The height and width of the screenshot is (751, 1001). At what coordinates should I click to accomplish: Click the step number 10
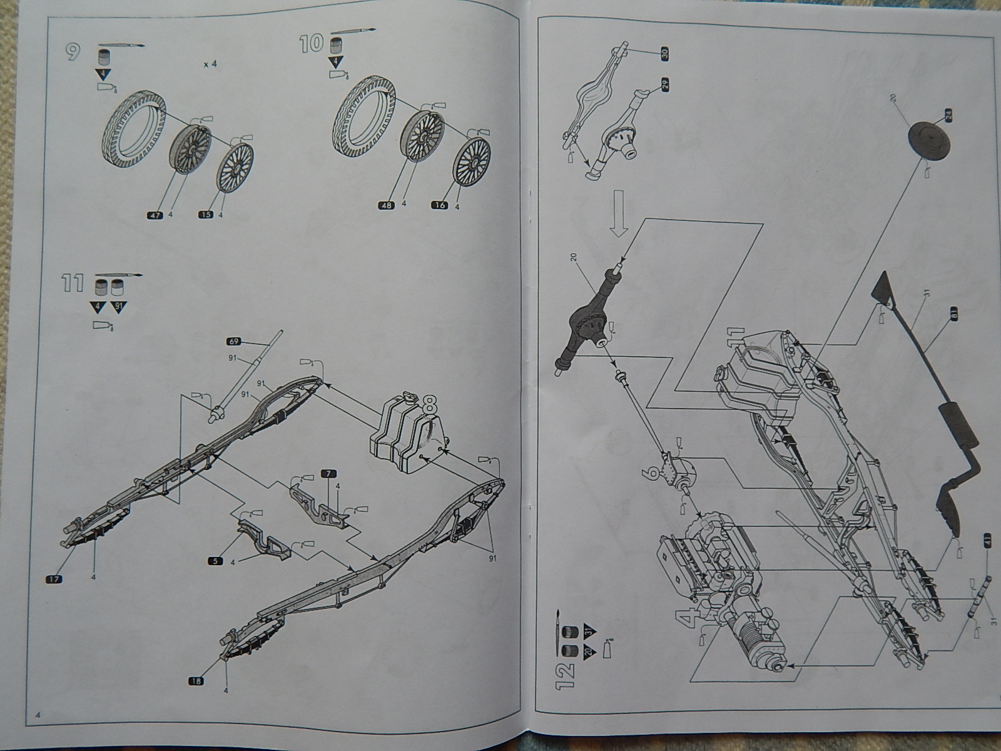coord(310,44)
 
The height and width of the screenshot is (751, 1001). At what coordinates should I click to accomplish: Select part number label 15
coord(205,215)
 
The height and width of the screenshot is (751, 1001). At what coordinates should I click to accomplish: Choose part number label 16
coord(440,205)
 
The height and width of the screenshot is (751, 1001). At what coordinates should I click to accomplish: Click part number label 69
coord(233,341)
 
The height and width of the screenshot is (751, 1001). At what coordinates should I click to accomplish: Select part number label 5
coord(215,561)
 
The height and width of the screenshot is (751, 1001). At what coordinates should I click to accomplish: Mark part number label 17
coord(54,579)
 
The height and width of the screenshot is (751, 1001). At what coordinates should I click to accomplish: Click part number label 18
coord(196,681)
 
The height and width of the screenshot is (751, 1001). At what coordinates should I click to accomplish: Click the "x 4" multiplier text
coord(210,64)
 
